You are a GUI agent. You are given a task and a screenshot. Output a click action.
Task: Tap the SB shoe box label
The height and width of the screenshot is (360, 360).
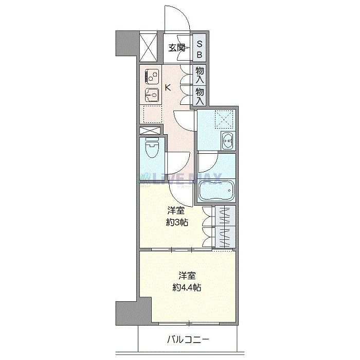click(200, 49)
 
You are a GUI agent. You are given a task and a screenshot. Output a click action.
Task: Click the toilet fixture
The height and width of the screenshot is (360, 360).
click(152, 151)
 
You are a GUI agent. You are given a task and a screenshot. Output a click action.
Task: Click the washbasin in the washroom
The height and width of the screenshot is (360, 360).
click(227, 140)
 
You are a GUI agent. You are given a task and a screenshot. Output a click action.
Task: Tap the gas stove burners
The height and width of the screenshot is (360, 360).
click(151, 77)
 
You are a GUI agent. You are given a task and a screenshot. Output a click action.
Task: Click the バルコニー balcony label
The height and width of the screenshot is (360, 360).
click(188, 340)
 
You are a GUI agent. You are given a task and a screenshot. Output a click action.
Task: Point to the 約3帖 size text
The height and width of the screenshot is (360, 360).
click(176, 223)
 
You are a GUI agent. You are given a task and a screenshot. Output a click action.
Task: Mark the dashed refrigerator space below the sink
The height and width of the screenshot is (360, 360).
click(150, 114)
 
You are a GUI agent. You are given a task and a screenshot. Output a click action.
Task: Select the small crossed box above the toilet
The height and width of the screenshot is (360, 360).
click(150, 131)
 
